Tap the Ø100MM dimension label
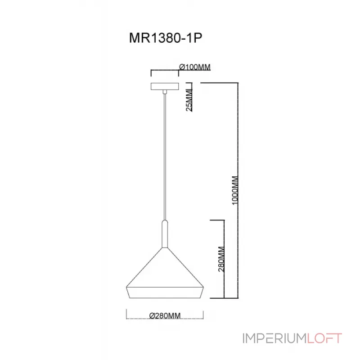click(x=195, y=67)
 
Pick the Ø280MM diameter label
click(x=164, y=315)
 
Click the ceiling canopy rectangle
click(x=165, y=86)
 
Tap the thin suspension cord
click(x=165, y=157)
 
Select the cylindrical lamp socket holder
click(x=165, y=234)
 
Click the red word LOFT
click(x=324, y=338)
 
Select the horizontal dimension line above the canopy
click(x=165, y=71)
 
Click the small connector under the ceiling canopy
click(x=165, y=92)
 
